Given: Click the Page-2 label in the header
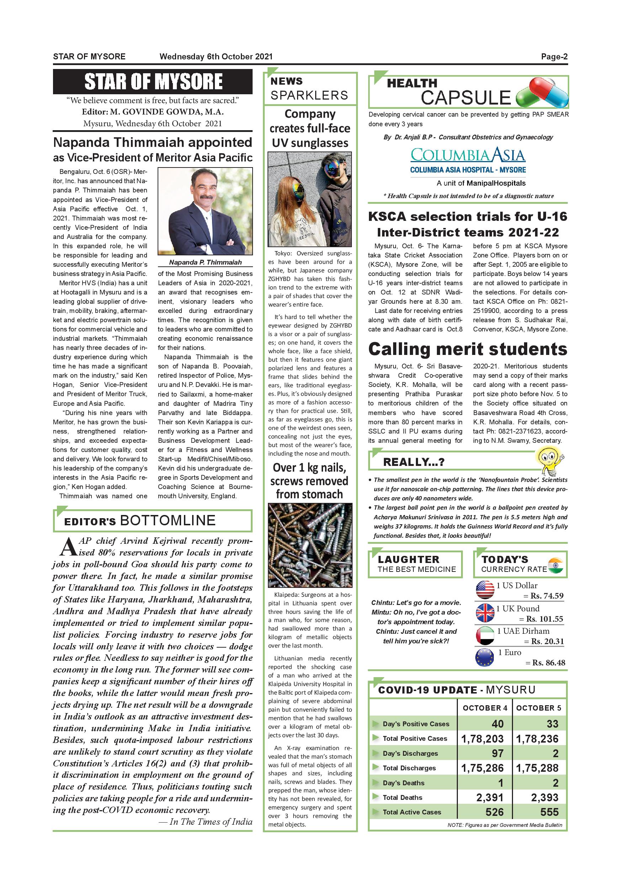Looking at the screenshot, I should [x=554, y=57].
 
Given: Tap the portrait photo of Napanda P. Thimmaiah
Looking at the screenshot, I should [x=205, y=211].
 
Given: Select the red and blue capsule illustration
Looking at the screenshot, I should [x=542, y=92].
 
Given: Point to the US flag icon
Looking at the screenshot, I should [x=485, y=590].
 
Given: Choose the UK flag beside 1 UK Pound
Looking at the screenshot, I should [x=485, y=613].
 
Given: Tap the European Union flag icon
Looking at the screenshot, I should [x=485, y=657].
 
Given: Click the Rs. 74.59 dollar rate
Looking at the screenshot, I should [x=547, y=596].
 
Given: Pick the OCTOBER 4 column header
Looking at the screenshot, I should [x=485, y=708].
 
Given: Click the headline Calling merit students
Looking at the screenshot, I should [x=467, y=349].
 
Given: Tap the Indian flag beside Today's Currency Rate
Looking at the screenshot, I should [x=555, y=565].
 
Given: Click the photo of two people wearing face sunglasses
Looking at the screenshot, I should [x=310, y=199].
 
